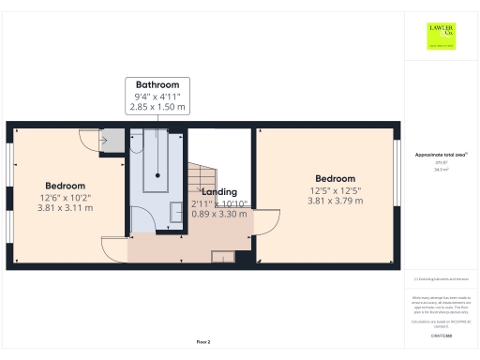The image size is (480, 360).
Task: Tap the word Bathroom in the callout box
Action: pos(157,84)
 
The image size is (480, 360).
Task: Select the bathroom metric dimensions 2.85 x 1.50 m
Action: pos(157,108)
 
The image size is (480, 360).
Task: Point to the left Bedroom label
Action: pos(65,186)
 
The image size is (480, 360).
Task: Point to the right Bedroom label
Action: pos(335,178)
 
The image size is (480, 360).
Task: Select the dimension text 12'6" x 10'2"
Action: pos(65,197)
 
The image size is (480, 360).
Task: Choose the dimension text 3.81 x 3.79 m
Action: pos(335,201)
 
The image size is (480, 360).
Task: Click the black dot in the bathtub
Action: pos(157,175)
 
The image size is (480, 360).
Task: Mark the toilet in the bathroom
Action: pos(137,145)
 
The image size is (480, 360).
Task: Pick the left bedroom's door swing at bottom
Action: pos(112,249)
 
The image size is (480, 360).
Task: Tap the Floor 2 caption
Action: pos(203,341)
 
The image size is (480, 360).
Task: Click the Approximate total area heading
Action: pos(441,154)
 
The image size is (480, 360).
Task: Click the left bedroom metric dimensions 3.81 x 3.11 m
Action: pos(65,208)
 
